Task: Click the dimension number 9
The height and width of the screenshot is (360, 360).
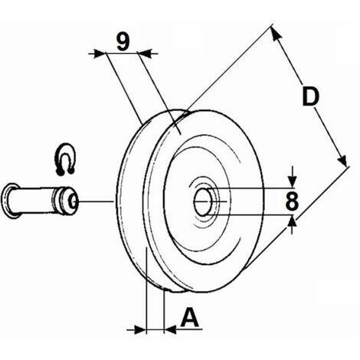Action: click(x=123, y=41)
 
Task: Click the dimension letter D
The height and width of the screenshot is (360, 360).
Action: click(x=310, y=97)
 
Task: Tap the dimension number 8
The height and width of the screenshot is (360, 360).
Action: click(x=292, y=201)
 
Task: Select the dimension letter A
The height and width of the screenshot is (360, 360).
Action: click(x=190, y=317)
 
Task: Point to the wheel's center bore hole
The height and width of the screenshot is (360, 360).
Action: click(x=203, y=201)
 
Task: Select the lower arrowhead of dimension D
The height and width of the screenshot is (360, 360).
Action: click(x=342, y=159)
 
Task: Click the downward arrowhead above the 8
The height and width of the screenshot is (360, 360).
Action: click(x=293, y=182)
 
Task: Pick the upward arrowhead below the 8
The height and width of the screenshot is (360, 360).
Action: click(x=293, y=222)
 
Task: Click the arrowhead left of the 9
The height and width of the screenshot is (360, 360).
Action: click(x=99, y=54)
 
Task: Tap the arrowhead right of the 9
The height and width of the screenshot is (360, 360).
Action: click(x=145, y=54)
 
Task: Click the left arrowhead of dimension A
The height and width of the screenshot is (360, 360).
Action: click(x=139, y=330)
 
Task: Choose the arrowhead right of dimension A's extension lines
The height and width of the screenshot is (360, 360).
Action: click(x=170, y=330)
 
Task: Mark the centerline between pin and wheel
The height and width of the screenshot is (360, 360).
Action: click(x=95, y=201)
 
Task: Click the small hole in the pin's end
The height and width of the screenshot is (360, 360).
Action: click(x=74, y=201)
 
